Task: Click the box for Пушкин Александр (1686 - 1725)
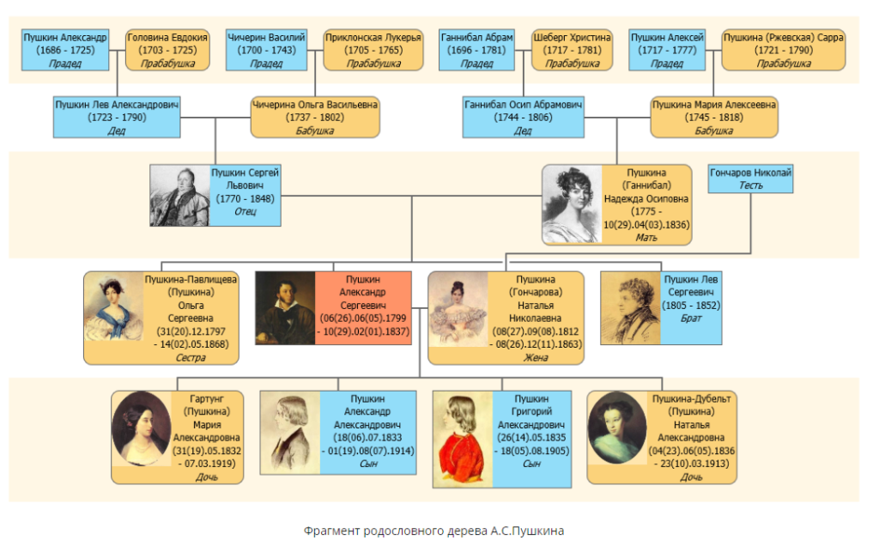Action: pos(65,50)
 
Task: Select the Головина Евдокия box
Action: pos(167,50)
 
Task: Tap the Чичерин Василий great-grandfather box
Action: pos(267,50)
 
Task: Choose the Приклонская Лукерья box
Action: pos(373,50)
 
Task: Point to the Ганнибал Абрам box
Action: pos(476,50)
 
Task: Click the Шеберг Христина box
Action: pos(573,50)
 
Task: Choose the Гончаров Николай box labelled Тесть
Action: pos(750,179)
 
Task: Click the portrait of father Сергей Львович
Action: pos(179,195)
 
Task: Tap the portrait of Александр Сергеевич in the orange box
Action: pos(285,308)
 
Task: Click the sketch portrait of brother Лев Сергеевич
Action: pos(631,308)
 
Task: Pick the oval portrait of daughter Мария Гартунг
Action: pos(141,429)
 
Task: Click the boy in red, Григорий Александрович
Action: pos(464,438)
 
